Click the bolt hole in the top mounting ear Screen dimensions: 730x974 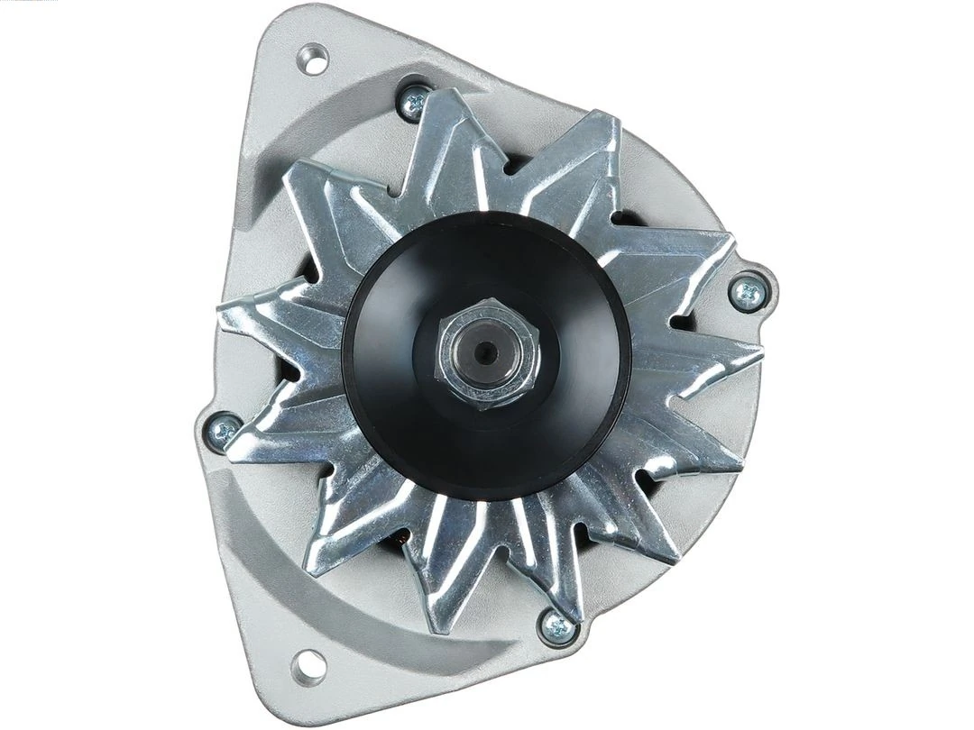313,60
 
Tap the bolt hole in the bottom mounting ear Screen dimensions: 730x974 308,665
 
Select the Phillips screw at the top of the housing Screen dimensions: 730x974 414,103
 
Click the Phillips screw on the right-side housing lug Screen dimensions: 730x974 747,294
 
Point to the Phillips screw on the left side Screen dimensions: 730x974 222,432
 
